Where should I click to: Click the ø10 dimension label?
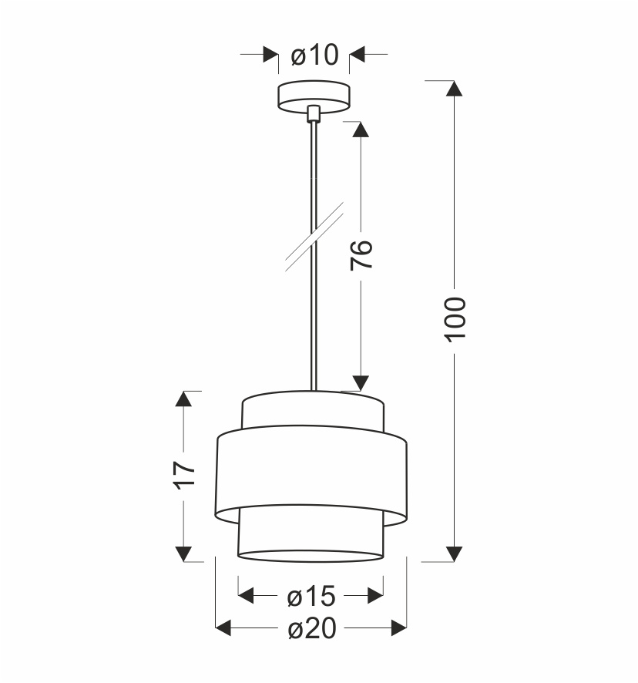pos(314,56)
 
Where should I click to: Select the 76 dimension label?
pos(362,254)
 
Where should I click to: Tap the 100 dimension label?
pos(455,318)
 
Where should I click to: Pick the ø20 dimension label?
pos(311,630)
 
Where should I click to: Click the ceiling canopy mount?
pos(314,96)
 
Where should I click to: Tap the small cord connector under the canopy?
pos(313,114)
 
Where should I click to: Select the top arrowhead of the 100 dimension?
pos(455,88)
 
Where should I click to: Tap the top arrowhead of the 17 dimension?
pos(183,399)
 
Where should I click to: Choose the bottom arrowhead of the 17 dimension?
pos(183,553)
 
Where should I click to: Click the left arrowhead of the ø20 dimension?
pos(223,629)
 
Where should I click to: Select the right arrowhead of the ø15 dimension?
pos(375,596)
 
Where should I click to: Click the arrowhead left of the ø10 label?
pos(270,55)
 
